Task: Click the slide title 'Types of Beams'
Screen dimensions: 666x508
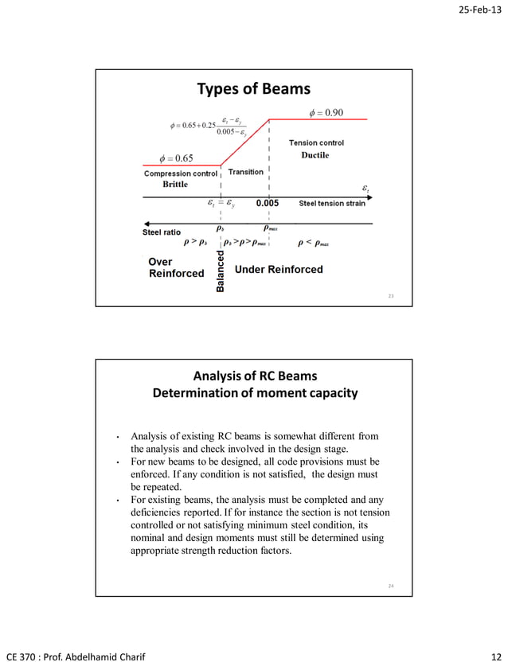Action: point(253,88)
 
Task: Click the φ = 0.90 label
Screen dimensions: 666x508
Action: point(326,112)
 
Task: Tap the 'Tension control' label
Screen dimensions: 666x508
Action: point(316,142)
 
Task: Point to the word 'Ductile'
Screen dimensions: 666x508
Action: point(315,155)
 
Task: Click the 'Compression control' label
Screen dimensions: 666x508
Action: point(181,173)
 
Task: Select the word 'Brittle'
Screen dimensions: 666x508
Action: point(175,184)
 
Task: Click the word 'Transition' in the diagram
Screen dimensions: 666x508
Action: point(246,172)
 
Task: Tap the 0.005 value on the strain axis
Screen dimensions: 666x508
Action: point(267,204)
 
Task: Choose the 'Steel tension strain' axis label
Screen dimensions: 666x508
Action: point(332,204)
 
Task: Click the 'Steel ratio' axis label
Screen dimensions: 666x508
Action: point(162,232)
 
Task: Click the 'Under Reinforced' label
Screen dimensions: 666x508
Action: point(279,270)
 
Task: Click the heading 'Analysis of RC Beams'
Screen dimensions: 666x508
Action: point(254,376)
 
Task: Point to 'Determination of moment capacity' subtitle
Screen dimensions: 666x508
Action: point(254,393)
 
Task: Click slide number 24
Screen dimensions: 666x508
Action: point(391,586)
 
